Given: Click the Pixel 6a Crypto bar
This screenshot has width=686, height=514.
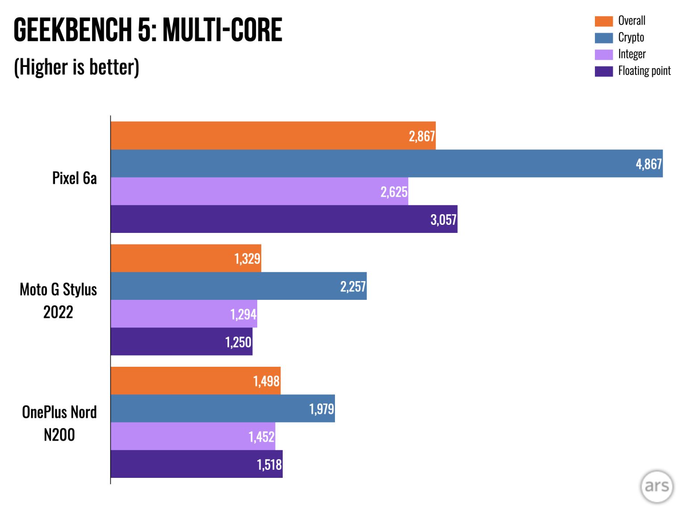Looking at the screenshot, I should coord(386,163).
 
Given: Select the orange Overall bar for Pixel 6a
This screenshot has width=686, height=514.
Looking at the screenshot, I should coord(273,136).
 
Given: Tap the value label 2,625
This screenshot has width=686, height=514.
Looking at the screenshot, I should coord(393,192).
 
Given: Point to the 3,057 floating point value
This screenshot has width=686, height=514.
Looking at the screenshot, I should coord(443,220).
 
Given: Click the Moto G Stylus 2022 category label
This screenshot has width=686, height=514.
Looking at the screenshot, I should coord(58,301).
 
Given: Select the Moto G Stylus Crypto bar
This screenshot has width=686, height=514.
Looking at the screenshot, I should coord(238,286).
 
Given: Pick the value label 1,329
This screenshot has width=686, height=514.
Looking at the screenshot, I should coord(247,259).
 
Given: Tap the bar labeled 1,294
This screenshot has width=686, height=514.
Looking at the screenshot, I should coord(184,314).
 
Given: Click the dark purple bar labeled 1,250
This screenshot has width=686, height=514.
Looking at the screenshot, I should coord(181,342).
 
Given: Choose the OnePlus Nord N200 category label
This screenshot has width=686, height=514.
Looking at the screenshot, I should coord(59,423).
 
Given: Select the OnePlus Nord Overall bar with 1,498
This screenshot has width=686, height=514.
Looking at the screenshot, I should coord(196,381).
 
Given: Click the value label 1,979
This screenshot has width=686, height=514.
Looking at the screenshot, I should coord(321,409).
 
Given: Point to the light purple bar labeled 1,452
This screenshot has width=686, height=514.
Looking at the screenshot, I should coord(193,436).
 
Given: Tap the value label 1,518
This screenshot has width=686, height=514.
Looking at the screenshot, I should coord(269,464).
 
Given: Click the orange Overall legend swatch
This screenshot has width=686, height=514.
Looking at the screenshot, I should coord(603,21).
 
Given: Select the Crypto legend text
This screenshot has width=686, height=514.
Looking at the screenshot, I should coord(631,37).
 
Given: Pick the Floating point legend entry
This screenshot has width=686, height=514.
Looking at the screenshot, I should coord(644,71).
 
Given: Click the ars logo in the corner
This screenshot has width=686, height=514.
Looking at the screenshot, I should coord(657,486).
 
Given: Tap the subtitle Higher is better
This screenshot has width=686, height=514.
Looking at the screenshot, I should coord(77,67).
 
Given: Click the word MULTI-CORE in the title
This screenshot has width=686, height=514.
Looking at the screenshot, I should coord(222,30).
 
